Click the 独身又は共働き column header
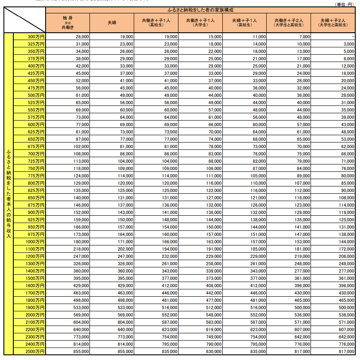click(x=68, y=22)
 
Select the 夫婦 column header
click(x=112, y=22)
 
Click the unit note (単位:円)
click(x=346, y=4)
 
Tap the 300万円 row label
click(x=30, y=37)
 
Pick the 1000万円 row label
click(x=30, y=242)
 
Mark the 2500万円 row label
click(x=30, y=351)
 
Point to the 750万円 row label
click(x=30, y=168)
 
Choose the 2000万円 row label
click(x=30, y=315)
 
